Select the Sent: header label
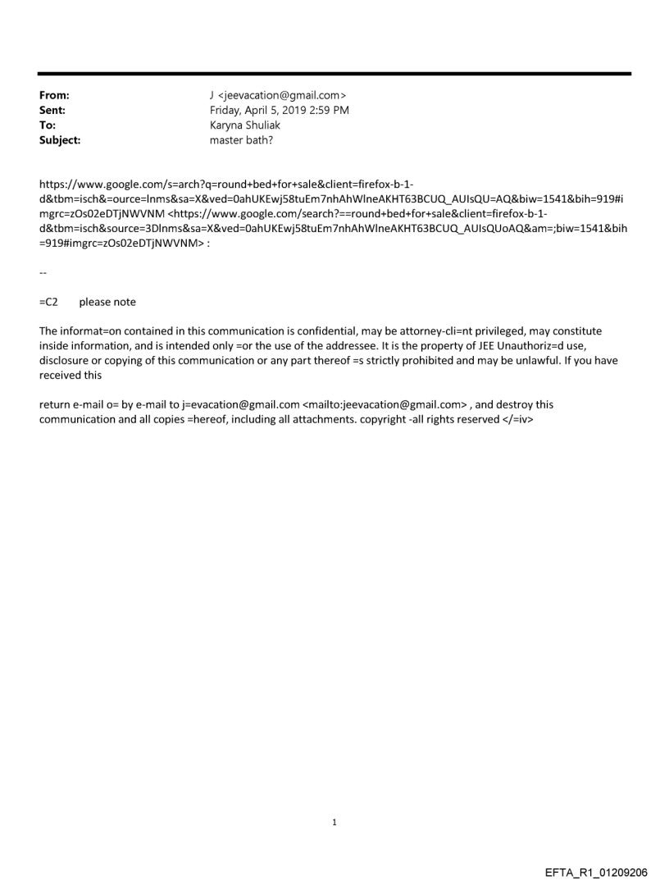(x=52, y=111)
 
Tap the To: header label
(x=48, y=125)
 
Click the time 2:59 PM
(x=327, y=111)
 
